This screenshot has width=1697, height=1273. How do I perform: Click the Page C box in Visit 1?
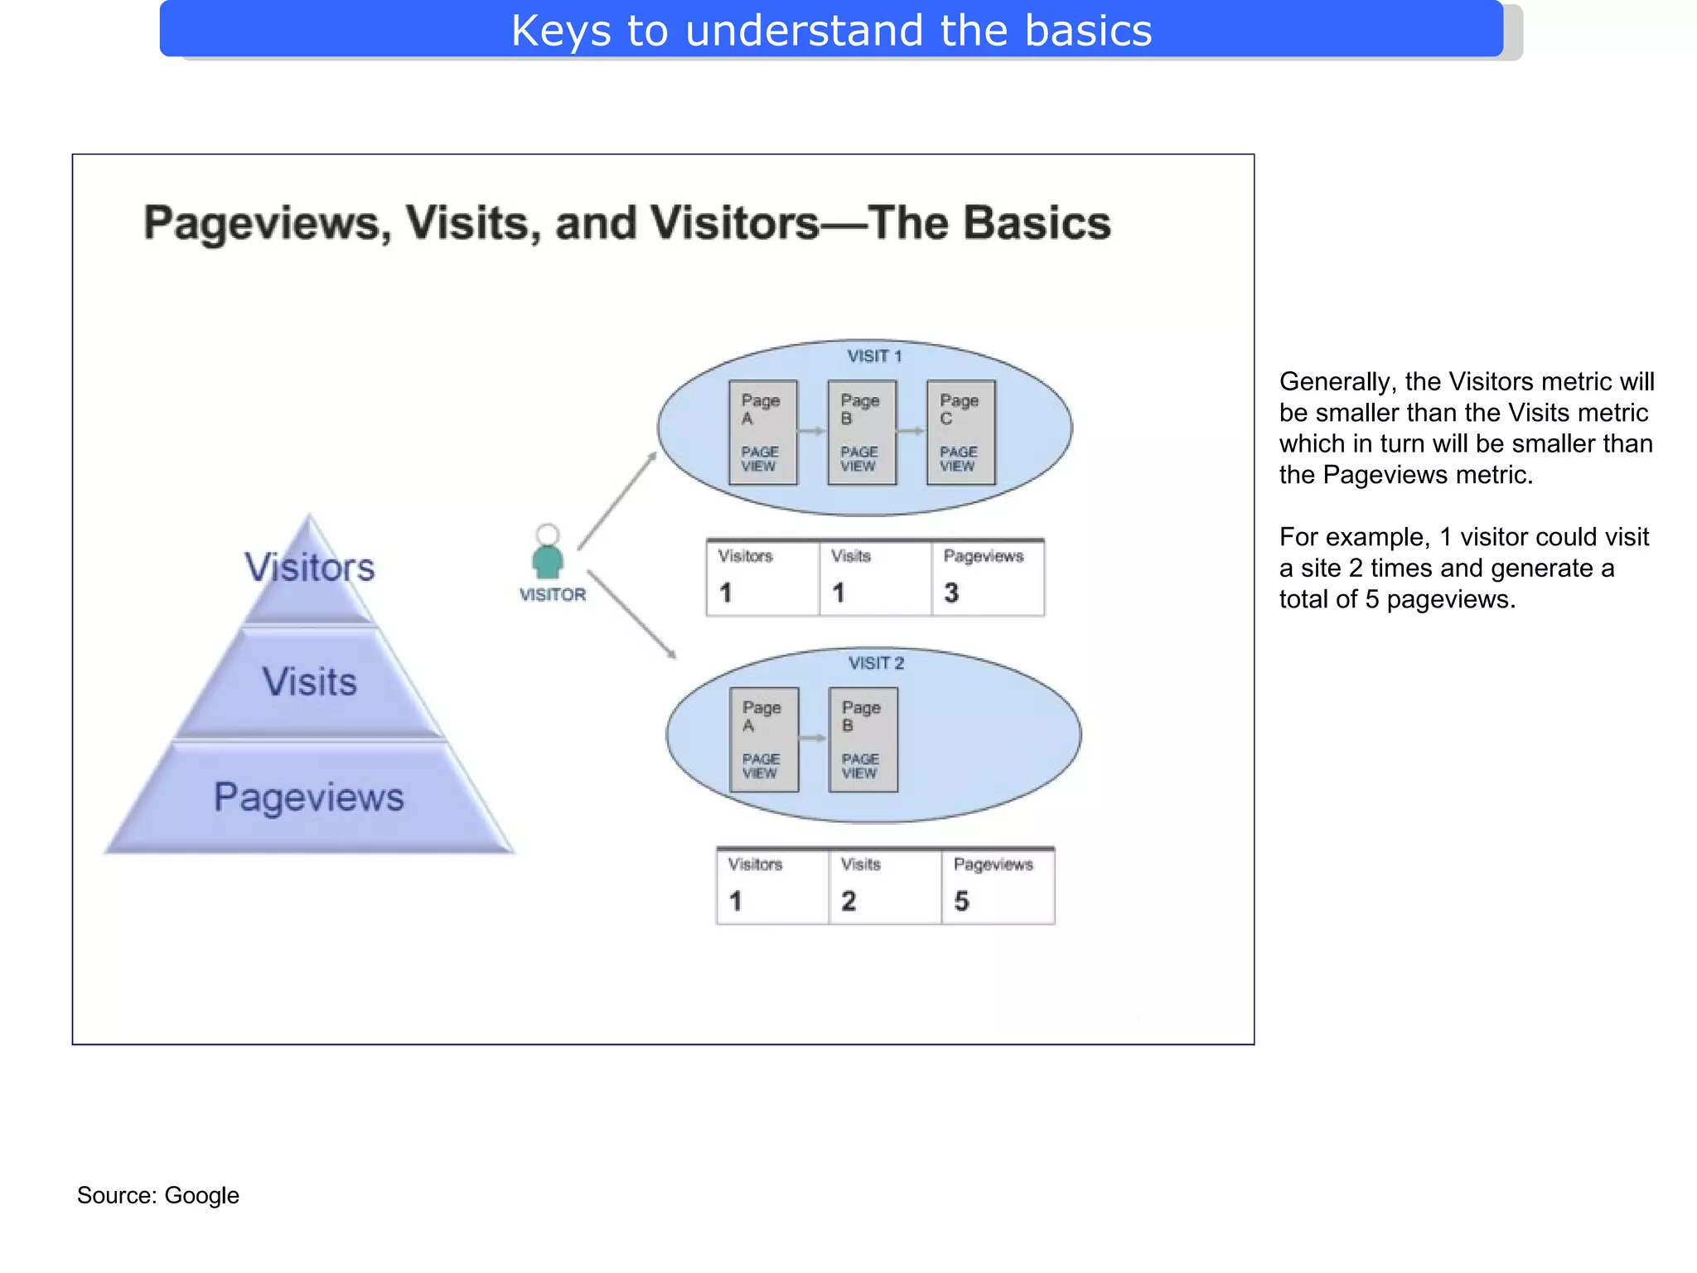click(x=960, y=432)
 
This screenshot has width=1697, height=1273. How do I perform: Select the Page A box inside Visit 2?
click(x=764, y=739)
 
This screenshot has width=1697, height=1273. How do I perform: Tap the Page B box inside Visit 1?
click(x=862, y=432)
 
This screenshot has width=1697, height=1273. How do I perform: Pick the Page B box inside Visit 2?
click(x=863, y=739)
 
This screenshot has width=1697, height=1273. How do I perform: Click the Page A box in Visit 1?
click(x=762, y=432)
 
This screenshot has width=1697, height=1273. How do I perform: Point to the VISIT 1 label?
click(x=874, y=356)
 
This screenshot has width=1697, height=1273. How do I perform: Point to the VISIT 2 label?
click(x=876, y=663)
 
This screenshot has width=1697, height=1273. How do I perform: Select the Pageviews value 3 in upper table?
click(x=951, y=593)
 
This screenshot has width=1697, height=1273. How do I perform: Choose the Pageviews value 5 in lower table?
click(x=961, y=901)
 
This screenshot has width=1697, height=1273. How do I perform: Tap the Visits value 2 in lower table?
click(x=848, y=901)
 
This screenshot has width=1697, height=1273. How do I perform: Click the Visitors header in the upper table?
click(x=745, y=556)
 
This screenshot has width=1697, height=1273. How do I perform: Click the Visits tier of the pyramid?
click(x=309, y=682)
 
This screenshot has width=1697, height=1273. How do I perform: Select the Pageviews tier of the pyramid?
click(x=309, y=796)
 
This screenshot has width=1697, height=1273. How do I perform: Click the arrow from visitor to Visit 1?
click(x=617, y=501)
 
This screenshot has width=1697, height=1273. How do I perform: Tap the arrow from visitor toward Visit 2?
click(x=631, y=614)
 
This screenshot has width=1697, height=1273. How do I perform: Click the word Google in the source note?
click(x=201, y=1195)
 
